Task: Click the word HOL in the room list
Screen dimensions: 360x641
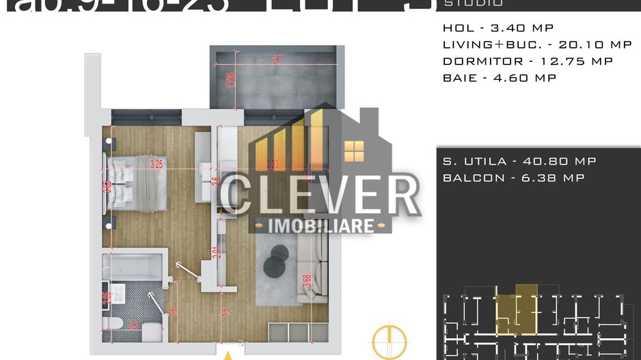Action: (456, 28)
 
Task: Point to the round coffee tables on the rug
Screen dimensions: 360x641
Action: (276, 260)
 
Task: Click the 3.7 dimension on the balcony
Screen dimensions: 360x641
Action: (277, 60)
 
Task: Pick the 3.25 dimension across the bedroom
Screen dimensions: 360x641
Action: (156, 164)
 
